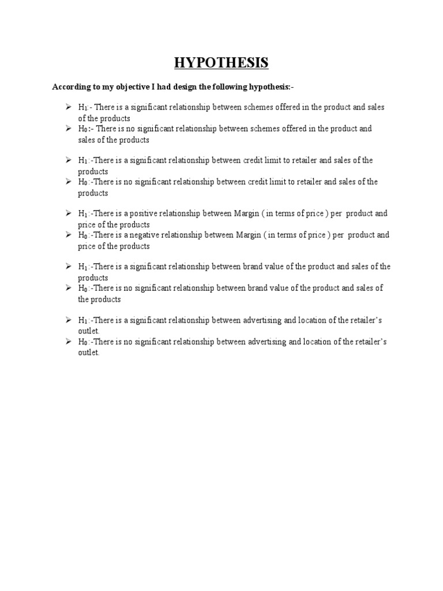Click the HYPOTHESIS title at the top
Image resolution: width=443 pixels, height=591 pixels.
tap(221, 63)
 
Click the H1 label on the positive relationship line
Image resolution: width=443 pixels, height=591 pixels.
tap(82, 214)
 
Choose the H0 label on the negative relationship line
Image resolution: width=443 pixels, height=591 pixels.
tap(82, 235)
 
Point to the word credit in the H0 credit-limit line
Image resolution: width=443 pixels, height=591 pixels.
tap(260, 182)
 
